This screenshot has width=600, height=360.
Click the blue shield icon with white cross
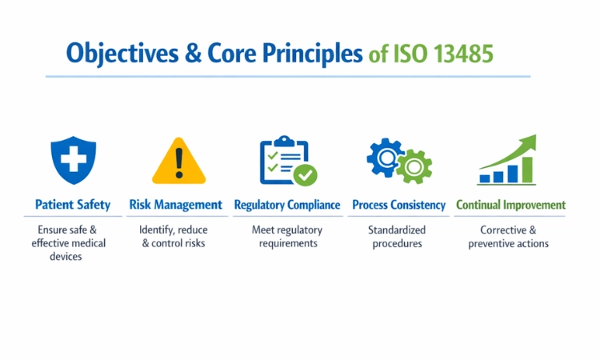pyautogui.click(x=73, y=160)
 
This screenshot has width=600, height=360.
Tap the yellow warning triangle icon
pyautogui.click(x=178, y=162)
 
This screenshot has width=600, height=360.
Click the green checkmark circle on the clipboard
pyautogui.click(x=305, y=174)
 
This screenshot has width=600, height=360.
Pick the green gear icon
pyautogui.click(x=414, y=166)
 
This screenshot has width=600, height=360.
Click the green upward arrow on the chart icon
pyautogui.click(x=512, y=148)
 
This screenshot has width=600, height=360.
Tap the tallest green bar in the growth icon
pyautogui.click(x=527, y=169)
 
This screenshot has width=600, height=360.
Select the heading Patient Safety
pyautogui.click(x=73, y=205)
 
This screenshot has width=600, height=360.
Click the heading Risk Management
pyautogui.click(x=176, y=205)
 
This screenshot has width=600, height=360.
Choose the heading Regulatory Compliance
pyautogui.click(x=287, y=205)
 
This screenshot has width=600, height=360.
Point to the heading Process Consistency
pyautogui.click(x=398, y=205)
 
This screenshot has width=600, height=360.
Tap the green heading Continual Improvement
pyautogui.click(x=510, y=205)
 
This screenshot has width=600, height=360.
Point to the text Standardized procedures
pyautogui.click(x=397, y=237)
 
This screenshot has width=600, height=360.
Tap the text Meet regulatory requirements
pyautogui.click(x=286, y=237)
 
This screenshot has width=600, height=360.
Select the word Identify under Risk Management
pyautogui.click(x=156, y=230)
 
